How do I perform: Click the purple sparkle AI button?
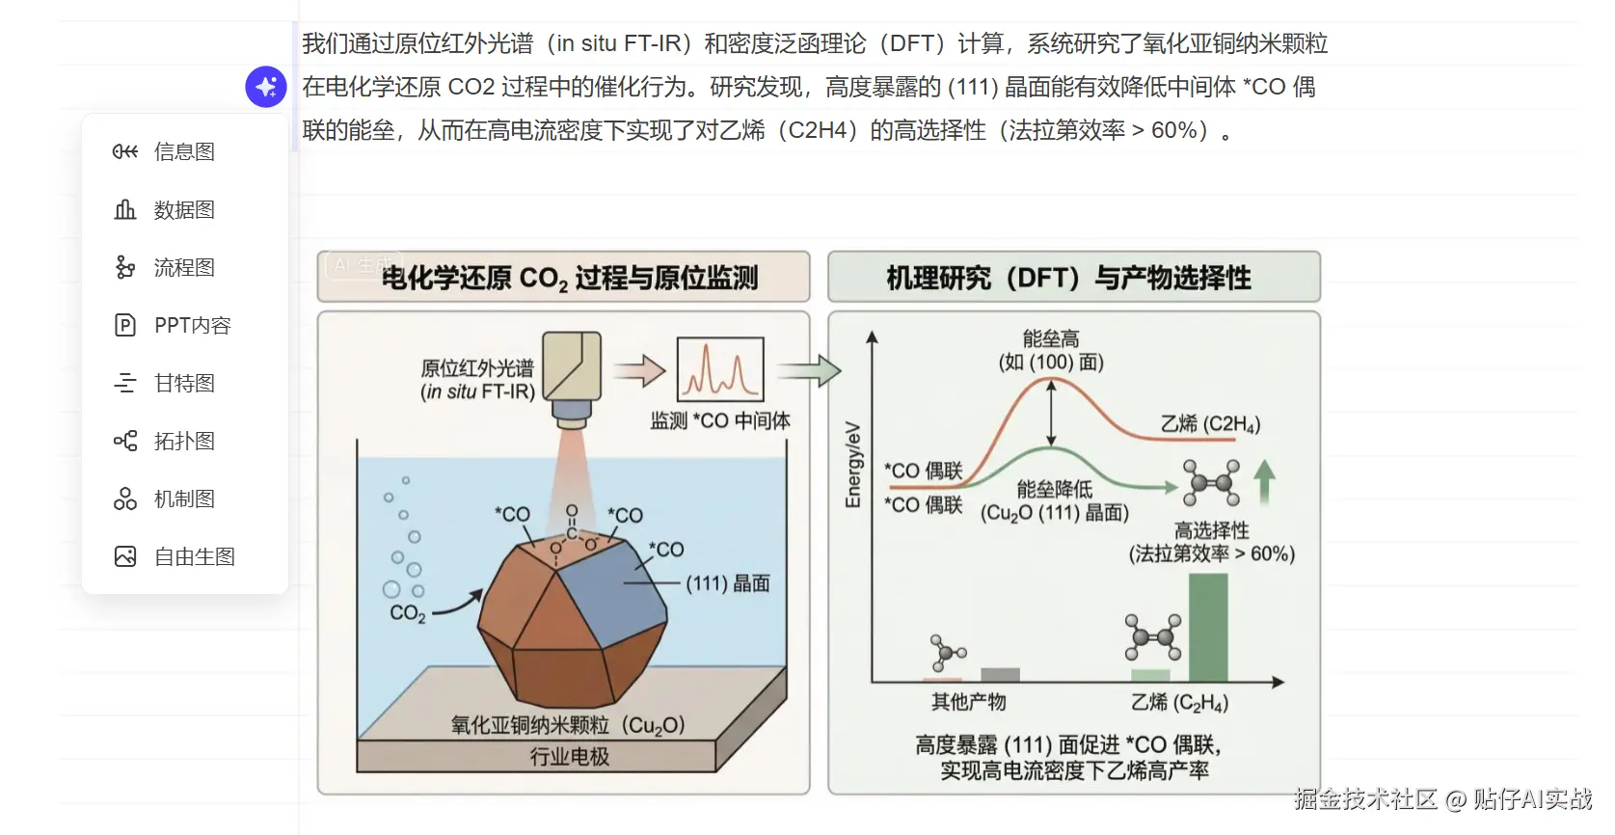point(266,87)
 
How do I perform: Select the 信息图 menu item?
point(183,151)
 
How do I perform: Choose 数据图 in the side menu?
point(183,209)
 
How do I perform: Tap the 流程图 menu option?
point(183,267)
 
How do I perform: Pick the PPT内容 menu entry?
point(192,325)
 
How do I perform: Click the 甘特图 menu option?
point(183,383)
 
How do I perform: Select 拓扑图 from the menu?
point(183,441)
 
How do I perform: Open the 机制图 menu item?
point(183,498)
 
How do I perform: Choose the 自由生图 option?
point(194,556)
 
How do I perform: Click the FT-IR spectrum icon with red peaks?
point(720,369)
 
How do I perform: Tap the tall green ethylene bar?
point(1208,627)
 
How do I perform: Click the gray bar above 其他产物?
point(1000,675)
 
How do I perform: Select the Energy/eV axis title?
point(853,465)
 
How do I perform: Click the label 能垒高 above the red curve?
point(1051,338)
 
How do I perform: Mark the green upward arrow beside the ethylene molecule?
point(1264,481)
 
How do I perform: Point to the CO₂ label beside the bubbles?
point(407,613)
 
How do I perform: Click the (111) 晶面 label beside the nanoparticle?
point(728,583)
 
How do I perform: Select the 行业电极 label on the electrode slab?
point(569,756)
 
